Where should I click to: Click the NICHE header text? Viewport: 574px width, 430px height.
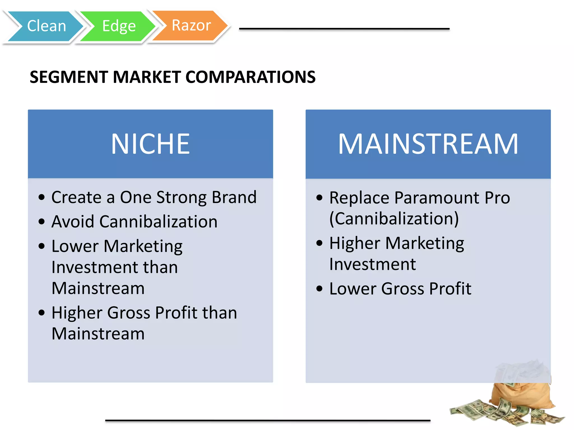[x=151, y=144]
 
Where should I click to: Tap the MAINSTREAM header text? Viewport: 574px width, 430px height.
[x=428, y=144]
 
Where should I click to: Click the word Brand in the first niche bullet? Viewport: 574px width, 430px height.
[x=234, y=197]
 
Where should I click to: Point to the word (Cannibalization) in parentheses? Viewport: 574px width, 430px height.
[x=394, y=219]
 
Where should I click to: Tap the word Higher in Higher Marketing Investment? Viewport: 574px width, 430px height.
[x=355, y=243]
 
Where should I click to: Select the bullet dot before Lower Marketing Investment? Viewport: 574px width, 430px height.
[x=42, y=246]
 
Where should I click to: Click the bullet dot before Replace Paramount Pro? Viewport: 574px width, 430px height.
[x=320, y=198]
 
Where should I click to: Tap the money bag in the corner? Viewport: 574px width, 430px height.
[x=521, y=392]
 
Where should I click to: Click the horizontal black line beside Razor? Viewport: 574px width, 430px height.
[x=344, y=29]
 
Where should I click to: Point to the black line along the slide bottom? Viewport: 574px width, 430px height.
[x=268, y=420]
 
